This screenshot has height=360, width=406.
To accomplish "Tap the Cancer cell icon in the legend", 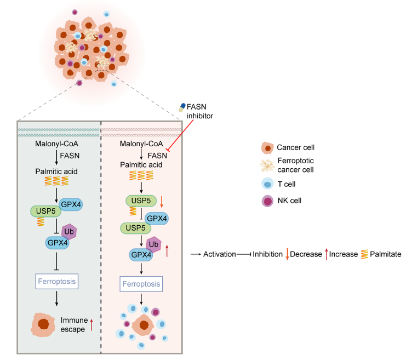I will tap(267, 147).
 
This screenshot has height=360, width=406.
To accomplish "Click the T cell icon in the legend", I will tap(267, 184).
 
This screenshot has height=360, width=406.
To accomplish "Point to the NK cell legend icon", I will tap(267, 201).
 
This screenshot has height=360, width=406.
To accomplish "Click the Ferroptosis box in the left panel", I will tap(58, 282).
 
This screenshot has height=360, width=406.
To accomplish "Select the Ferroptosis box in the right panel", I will tap(142, 284).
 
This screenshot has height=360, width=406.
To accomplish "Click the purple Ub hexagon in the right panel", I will tap(155, 244).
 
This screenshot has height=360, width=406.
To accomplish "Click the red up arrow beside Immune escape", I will tap(92, 324).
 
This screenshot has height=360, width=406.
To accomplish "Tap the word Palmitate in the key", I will tap(386, 254).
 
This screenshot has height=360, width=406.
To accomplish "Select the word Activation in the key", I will tap(219, 254).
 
